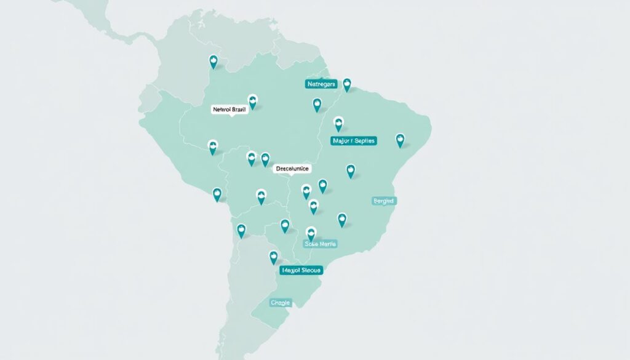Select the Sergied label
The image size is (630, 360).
click(x=385, y=201)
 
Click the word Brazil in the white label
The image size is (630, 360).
click(x=239, y=110)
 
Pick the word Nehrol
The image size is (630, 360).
click(x=221, y=110)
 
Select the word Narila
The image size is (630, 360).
click(x=327, y=244)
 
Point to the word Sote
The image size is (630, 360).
click(x=312, y=244)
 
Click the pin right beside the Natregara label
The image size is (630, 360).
click(x=347, y=84)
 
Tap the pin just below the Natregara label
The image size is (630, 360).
click(x=317, y=104)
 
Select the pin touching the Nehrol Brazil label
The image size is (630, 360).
click(x=252, y=101)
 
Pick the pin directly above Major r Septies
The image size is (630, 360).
click(x=338, y=123)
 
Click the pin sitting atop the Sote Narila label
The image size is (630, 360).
click(x=311, y=233)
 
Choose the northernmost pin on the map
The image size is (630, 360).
click(x=213, y=61)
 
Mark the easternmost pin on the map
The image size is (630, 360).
click(x=400, y=140)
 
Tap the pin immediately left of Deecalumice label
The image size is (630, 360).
click(x=265, y=159)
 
